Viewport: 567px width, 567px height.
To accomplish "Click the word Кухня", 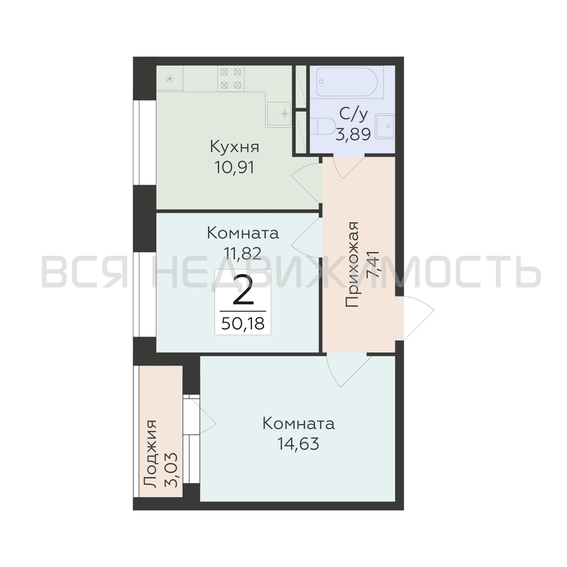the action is pyautogui.click(x=234, y=147).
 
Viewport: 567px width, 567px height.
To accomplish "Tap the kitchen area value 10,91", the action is pyautogui.click(x=234, y=168).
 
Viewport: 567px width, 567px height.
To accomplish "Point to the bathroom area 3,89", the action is pyautogui.click(x=353, y=135).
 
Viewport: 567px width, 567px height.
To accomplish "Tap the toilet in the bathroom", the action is pyautogui.click(x=323, y=128).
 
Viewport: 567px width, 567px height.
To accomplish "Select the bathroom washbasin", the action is pyautogui.click(x=385, y=126).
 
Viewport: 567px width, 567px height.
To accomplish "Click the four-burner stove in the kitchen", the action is pyautogui.click(x=231, y=78).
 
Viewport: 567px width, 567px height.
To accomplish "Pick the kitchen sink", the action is pyautogui.click(x=279, y=114).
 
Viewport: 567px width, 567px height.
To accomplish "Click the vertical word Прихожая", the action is pyautogui.click(x=352, y=265).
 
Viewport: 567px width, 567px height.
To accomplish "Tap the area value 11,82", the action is pyautogui.click(x=242, y=253).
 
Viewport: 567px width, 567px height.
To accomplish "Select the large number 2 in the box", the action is pyautogui.click(x=243, y=290).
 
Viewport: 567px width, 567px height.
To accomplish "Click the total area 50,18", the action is pyautogui.click(x=243, y=323).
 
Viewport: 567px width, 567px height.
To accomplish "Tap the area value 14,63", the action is pyautogui.click(x=298, y=444).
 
